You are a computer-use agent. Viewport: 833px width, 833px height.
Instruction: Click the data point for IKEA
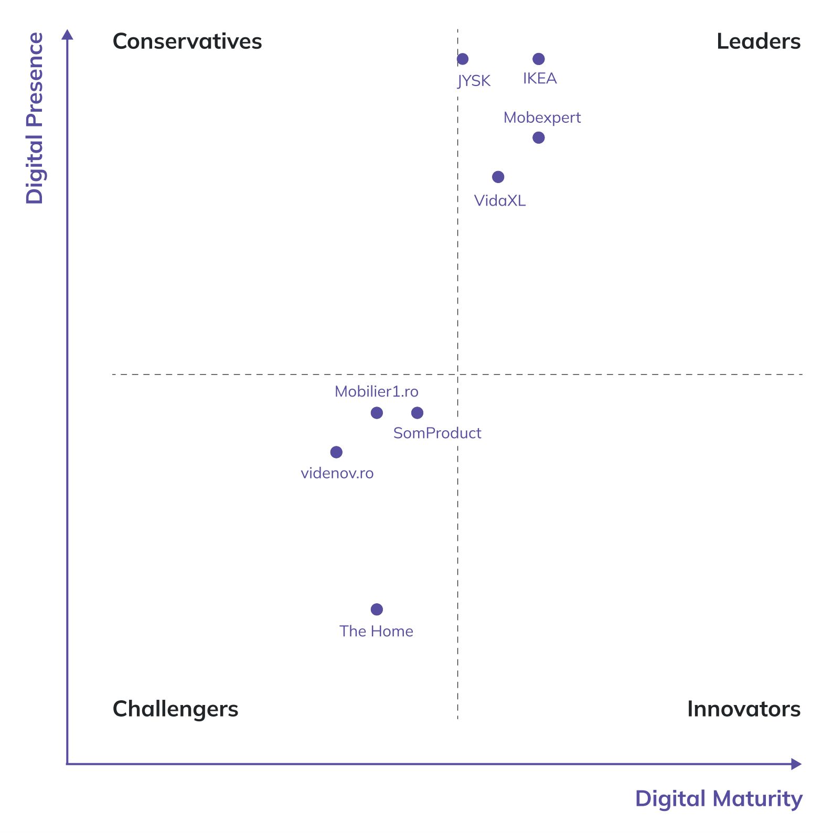[x=538, y=59]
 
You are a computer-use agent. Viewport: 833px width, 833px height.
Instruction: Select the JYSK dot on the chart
[x=462, y=59]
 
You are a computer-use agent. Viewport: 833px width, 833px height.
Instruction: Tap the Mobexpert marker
[x=538, y=137]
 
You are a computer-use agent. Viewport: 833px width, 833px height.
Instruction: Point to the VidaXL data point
[x=498, y=177]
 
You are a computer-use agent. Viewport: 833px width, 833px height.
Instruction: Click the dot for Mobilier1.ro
[x=377, y=413]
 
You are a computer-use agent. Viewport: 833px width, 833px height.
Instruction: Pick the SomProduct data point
[x=417, y=413]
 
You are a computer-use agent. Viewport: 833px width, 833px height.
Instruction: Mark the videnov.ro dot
[x=336, y=452]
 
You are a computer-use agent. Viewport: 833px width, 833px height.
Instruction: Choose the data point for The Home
[x=377, y=609]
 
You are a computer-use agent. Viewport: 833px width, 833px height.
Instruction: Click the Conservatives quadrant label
[x=187, y=41]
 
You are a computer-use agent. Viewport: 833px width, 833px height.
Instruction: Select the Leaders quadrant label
[x=758, y=41]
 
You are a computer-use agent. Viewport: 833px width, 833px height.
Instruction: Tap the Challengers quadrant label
[x=175, y=709]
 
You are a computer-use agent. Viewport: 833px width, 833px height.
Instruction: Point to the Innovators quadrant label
[x=743, y=709]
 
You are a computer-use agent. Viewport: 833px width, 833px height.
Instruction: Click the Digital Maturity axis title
[x=718, y=798]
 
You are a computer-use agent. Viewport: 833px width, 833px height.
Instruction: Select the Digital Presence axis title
[x=35, y=118]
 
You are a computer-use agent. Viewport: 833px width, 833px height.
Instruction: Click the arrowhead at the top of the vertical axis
[x=67, y=35]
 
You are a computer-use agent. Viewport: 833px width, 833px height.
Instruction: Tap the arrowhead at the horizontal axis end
[x=796, y=764]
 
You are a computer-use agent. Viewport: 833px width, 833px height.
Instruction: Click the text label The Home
[x=376, y=631]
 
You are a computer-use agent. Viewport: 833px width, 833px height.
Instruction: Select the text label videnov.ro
[x=337, y=473]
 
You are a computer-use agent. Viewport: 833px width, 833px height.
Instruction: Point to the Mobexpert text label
[x=542, y=118]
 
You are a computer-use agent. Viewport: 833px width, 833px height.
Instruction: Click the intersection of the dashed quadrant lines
[x=457, y=375]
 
